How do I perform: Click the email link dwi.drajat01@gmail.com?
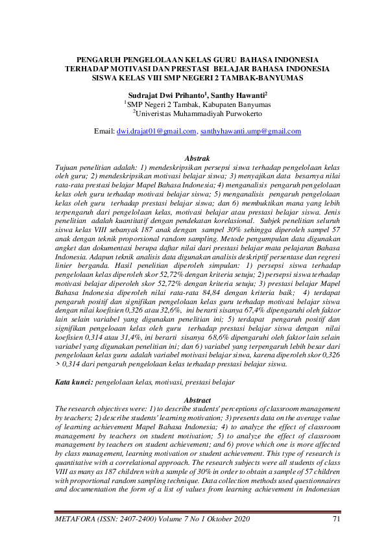(x=156, y=132)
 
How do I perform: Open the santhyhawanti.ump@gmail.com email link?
(x=250, y=132)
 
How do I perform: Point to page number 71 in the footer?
(x=335, y=517)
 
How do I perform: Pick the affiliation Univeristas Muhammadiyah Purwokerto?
(x=197, y=113)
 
